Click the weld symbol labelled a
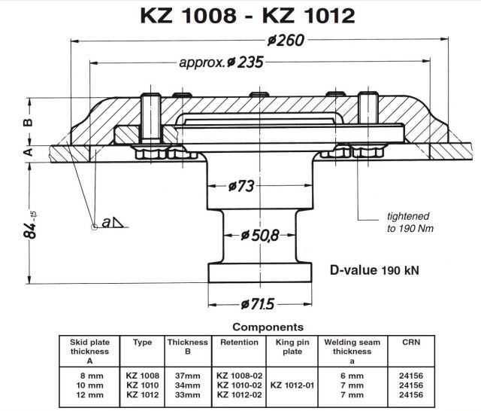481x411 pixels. tap(112, 222)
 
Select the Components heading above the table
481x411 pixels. tap(268, 327)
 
